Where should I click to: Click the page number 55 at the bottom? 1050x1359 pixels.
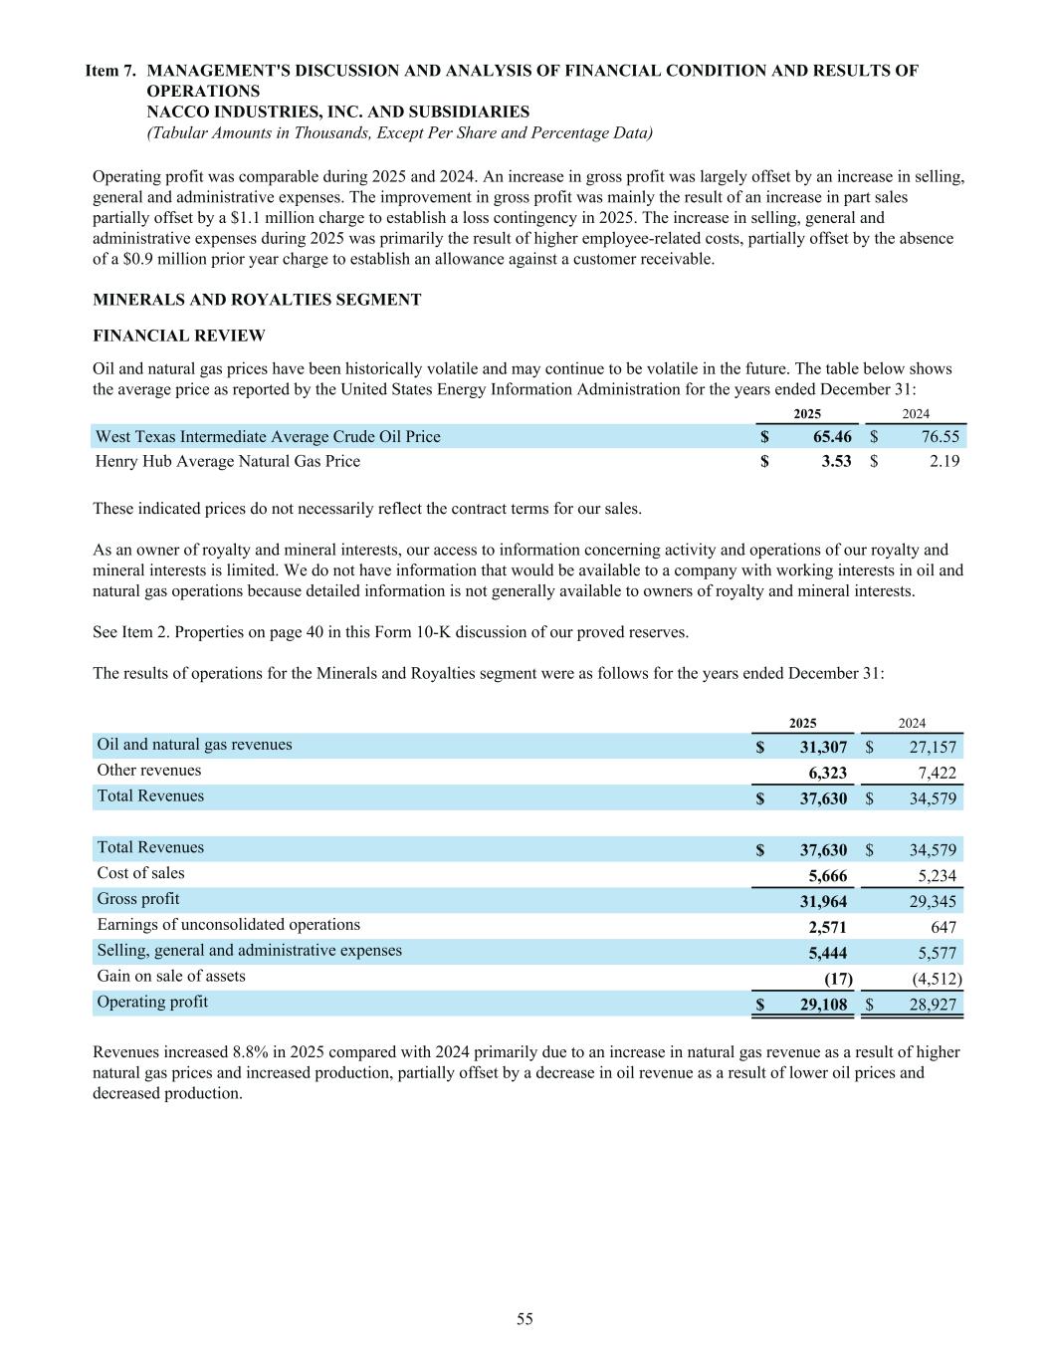[x=525, y=1319]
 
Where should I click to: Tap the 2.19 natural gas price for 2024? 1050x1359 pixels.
[x=940, y=461]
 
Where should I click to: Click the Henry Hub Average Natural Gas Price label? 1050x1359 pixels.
[x=228, y=461]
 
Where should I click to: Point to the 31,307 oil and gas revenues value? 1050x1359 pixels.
[x=823, y=747]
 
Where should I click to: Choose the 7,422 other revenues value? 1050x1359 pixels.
[x=937, y=773]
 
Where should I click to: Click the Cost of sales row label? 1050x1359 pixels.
[x=140, y=873]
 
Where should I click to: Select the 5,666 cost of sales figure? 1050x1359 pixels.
[x=827, y=876]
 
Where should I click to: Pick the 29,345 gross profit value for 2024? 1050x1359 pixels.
[x=933, y=902]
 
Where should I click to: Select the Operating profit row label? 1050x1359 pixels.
[x=152, y=1002]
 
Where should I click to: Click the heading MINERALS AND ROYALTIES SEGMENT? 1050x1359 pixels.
[x=257, y=300]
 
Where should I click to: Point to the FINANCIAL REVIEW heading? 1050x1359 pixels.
[x=179, y=336]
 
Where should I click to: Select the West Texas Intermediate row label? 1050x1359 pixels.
[x=268, y=436]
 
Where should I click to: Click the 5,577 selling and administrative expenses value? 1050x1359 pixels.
[x=936, y=953]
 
